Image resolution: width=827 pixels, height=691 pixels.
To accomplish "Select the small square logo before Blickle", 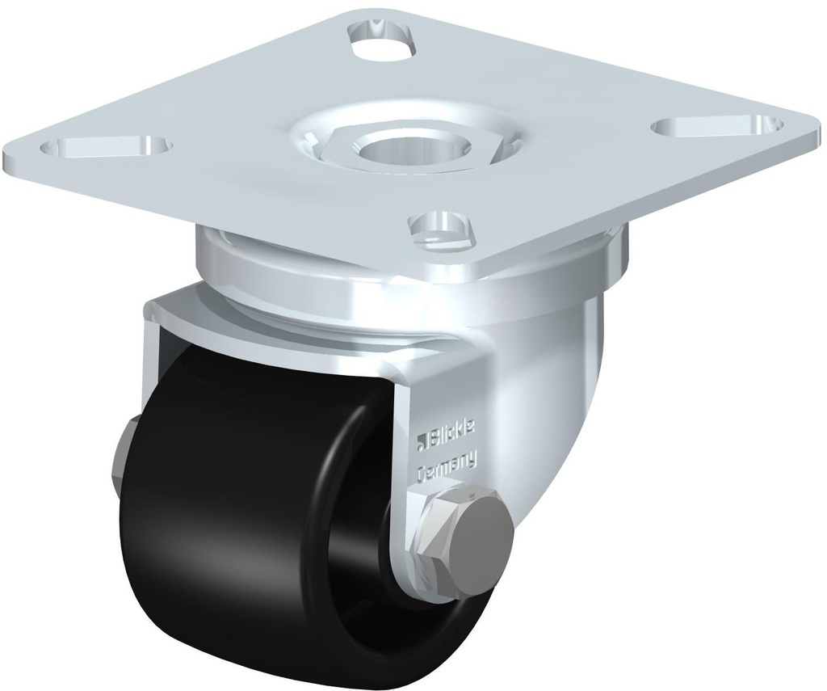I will pos(422,441).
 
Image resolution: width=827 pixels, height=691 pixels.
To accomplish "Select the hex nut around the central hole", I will pos(346,145).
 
